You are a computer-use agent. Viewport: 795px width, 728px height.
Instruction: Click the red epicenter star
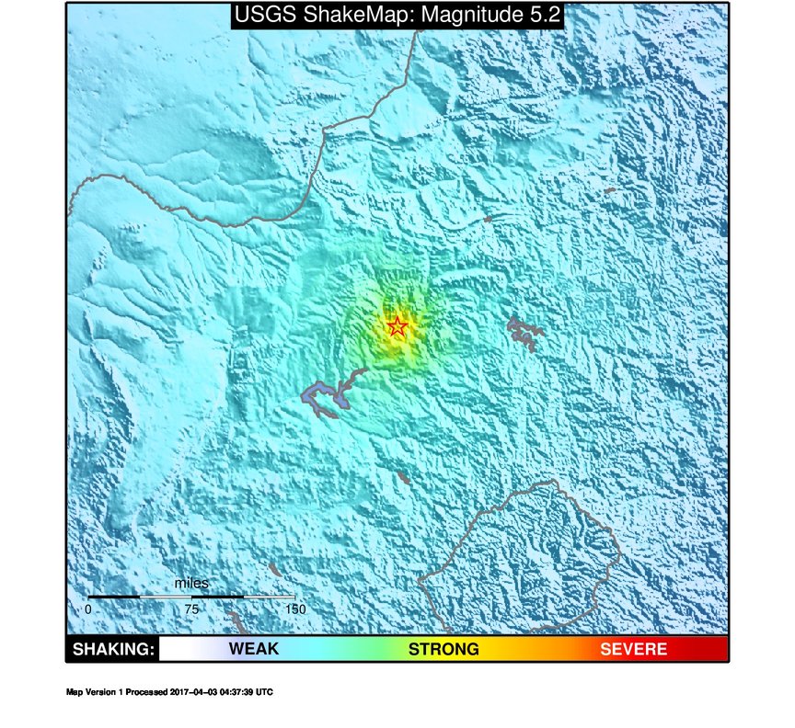[x=397, y=327]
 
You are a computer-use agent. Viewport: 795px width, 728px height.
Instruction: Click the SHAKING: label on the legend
[x=112, y=650]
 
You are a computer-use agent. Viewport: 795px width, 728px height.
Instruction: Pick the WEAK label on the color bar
[x=254, y=650]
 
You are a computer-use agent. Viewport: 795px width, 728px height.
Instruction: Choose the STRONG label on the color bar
[x=444, y=650]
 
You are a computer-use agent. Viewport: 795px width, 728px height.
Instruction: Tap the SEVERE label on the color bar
[x=633, y=650]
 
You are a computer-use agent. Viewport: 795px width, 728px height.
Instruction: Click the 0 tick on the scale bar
[x=88, y=609]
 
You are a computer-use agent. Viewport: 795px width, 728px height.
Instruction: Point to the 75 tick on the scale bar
[x=191, y=609]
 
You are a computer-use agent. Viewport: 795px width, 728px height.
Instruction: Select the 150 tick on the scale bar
[x=294, y=609]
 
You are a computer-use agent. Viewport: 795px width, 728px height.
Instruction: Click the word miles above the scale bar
[x=191, y=584]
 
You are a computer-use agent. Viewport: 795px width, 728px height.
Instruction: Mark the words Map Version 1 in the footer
[x=95, y=692]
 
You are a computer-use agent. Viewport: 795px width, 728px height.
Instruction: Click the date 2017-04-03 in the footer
[x=198, y=692]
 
